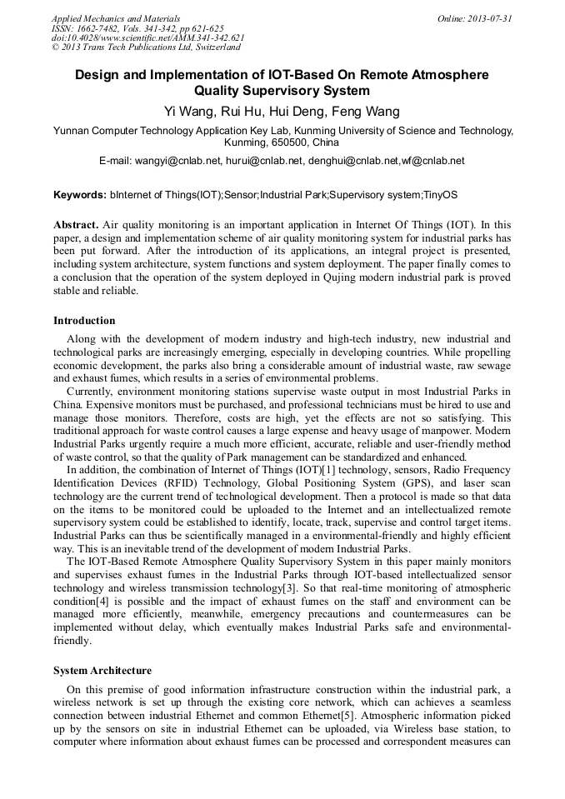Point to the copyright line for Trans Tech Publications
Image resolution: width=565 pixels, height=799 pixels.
(146, 47)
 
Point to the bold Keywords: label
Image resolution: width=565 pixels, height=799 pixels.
(80, 195)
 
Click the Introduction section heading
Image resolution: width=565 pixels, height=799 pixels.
(84, 321)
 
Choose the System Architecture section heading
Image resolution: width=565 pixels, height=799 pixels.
(102, 671)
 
